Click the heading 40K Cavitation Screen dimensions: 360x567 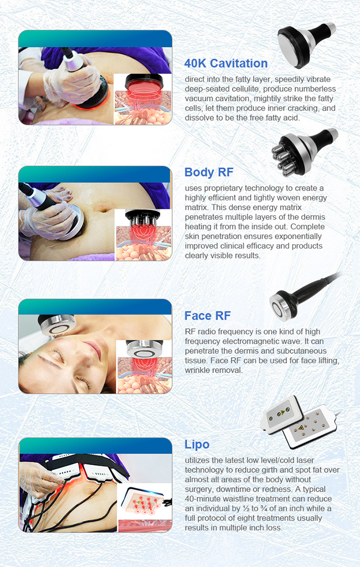pos(226,63)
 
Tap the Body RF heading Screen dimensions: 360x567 pos(209,172)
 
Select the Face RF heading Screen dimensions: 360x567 pos(207,316)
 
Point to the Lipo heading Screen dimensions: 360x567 pos(197,445)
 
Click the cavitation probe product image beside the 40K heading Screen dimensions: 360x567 pos(306,43)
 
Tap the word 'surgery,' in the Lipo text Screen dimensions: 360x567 pos(198,489)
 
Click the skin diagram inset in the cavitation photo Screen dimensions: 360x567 pos(142,100)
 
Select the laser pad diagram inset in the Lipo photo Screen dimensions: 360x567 pos(144,508)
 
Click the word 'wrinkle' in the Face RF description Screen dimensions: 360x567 pos(197,370)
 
